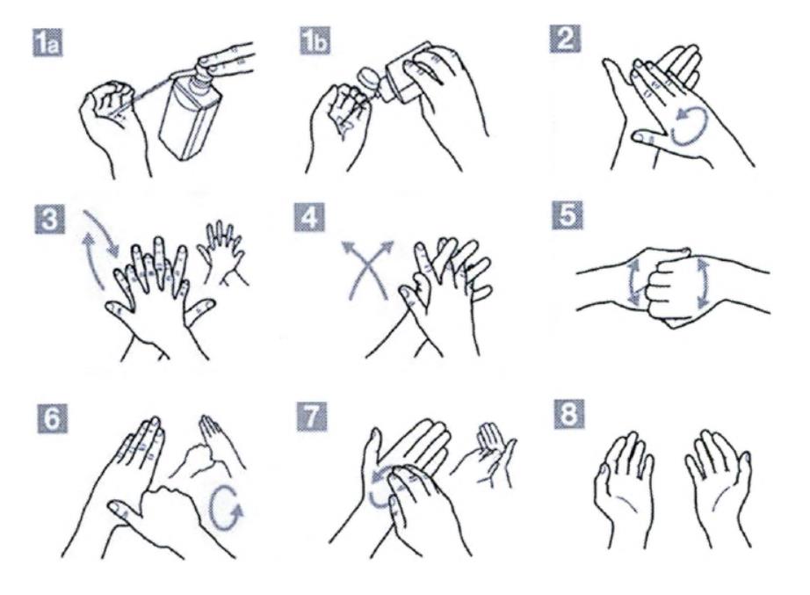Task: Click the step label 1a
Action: tap(47, 42)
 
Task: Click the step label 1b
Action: tap(315, 40)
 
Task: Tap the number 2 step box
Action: tap(565, 39)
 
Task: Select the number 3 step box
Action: tap(50, 218)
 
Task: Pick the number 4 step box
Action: tap(309, 217)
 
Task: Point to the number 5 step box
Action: tap(568, 215)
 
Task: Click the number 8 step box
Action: tap(569, 415)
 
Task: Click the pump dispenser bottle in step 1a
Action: tap(189, 115)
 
